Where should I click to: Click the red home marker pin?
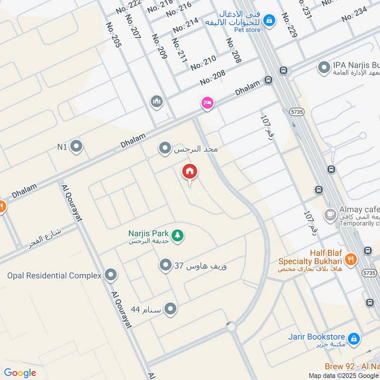click(190, 172)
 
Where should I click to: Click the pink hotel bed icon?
click(207, 103)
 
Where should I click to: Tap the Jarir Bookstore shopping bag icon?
click(353, 339)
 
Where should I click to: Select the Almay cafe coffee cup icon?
click(329, 215)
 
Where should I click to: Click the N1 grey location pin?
click(76, 147)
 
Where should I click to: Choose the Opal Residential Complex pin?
click(111, 275)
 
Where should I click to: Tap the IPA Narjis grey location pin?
click(324, 68)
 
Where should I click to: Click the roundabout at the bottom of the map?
click(231, 327)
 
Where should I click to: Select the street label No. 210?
click(203, 63)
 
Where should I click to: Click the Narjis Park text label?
click(149, 233)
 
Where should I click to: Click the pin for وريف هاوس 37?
click(165, 265)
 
